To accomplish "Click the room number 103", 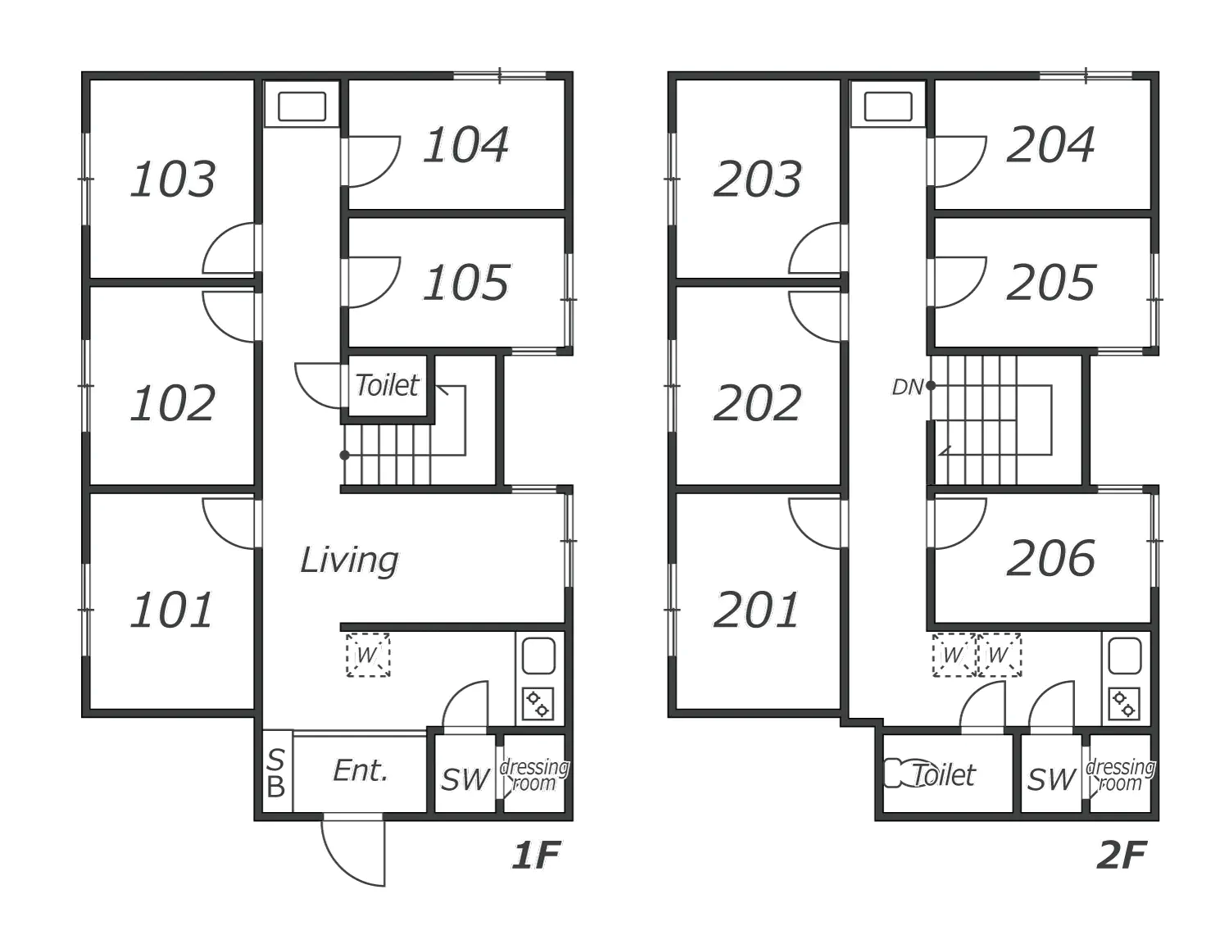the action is click(172, 179).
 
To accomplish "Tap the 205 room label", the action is click(1050, 282).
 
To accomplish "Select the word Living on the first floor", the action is click(349, 561).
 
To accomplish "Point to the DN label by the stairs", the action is click(907, 387).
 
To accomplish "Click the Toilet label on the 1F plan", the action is click(387, 385).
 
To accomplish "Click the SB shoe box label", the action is click(276, 774).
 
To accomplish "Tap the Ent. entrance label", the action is click(361, 771).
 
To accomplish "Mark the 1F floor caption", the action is click(536, 855).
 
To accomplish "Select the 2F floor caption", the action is click(1122, 855).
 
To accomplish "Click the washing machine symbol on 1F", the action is click(368, 655).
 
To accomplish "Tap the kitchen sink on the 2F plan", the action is click(1125, 656).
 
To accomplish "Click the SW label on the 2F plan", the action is click(1051, 778).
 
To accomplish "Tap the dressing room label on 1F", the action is click(534, 775).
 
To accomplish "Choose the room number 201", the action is click(756, 610).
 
